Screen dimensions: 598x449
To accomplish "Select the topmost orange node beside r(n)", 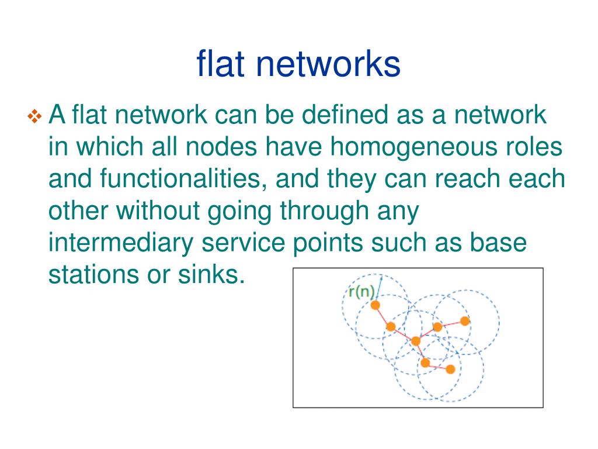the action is (x=376, y=305).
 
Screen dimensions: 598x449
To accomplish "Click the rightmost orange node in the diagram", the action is (x=465, y=321).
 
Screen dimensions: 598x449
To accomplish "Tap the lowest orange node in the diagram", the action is (x=450, y=369).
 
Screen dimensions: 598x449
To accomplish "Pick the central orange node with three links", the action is (x=416, y=341).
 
